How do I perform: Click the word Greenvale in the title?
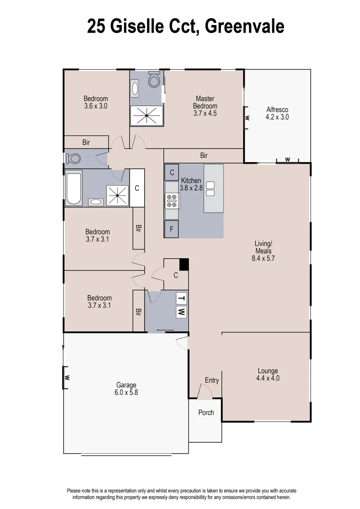pos(245,26)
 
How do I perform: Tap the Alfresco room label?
pos(277,110)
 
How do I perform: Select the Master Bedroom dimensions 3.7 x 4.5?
pos(205,113)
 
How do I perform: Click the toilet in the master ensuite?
pos(154,81)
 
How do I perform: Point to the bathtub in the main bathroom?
pos(74,188)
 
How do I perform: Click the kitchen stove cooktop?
pos(171,201)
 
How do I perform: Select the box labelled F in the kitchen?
pos(172,230)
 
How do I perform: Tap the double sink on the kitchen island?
pos(210,189)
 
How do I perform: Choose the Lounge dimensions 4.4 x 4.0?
pos(268,378)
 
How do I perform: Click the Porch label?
pos(206,412)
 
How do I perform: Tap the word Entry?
pos(212,380)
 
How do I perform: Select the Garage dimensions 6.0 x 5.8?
pos(126,392)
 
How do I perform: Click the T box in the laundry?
pos(181,298)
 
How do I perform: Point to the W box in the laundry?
pos(181,311)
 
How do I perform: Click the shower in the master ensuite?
pos(147,115)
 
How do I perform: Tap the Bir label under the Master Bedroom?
pos(204,156)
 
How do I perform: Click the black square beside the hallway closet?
pos(184,264)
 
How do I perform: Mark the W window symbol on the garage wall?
pos(67,378)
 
